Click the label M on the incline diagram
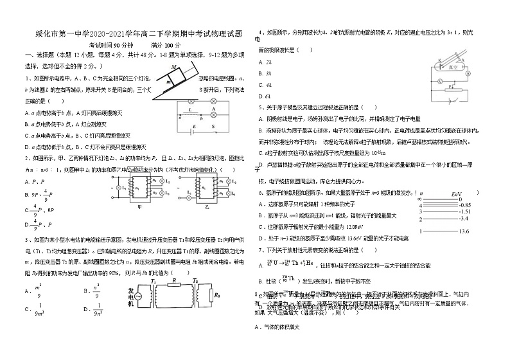click(x=174, y=67)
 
